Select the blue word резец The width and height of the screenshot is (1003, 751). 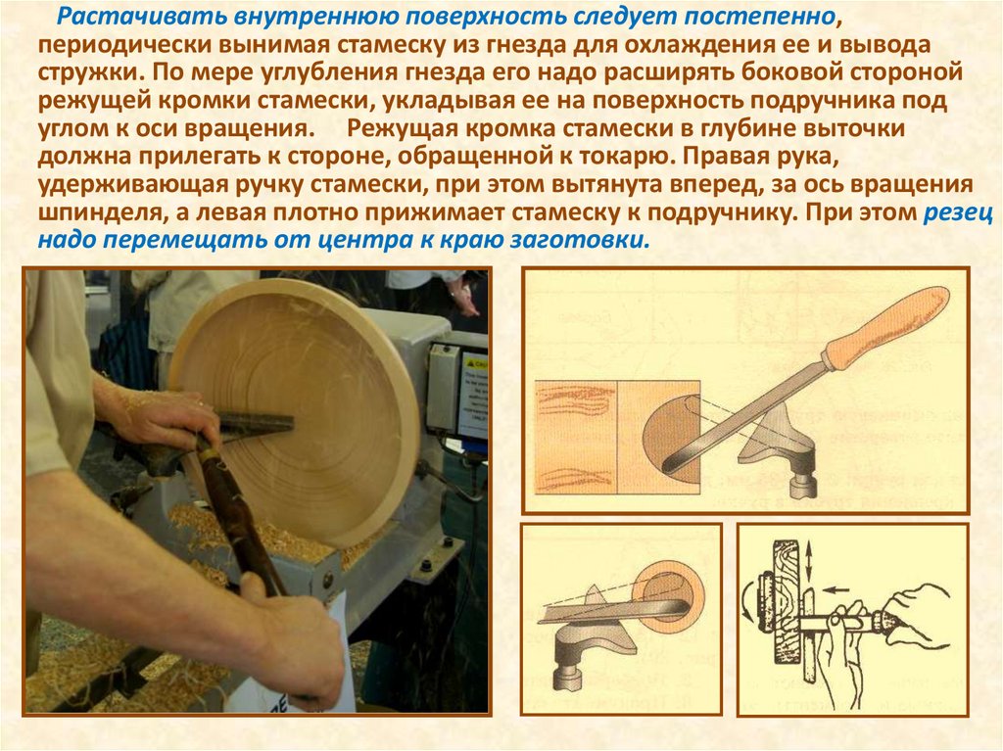(958, 213)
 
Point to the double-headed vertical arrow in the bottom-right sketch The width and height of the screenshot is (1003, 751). (809, 561)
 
